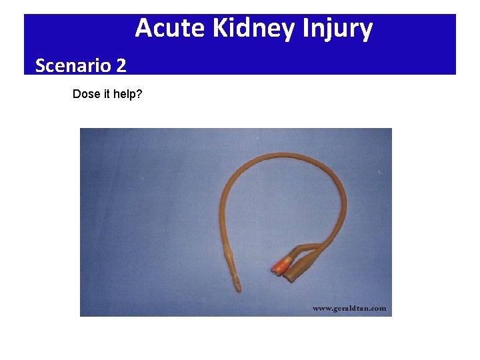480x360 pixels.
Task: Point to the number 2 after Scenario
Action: point(121,65)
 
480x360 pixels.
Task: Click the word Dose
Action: point(84,94)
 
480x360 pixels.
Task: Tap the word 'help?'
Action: point(127,94)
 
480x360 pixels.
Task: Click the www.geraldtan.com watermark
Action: point(349,308)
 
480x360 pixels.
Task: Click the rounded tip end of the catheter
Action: point(238,291)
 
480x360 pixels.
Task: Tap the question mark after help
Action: point(139,94)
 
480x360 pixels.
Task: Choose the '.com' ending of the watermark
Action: point(377,308)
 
